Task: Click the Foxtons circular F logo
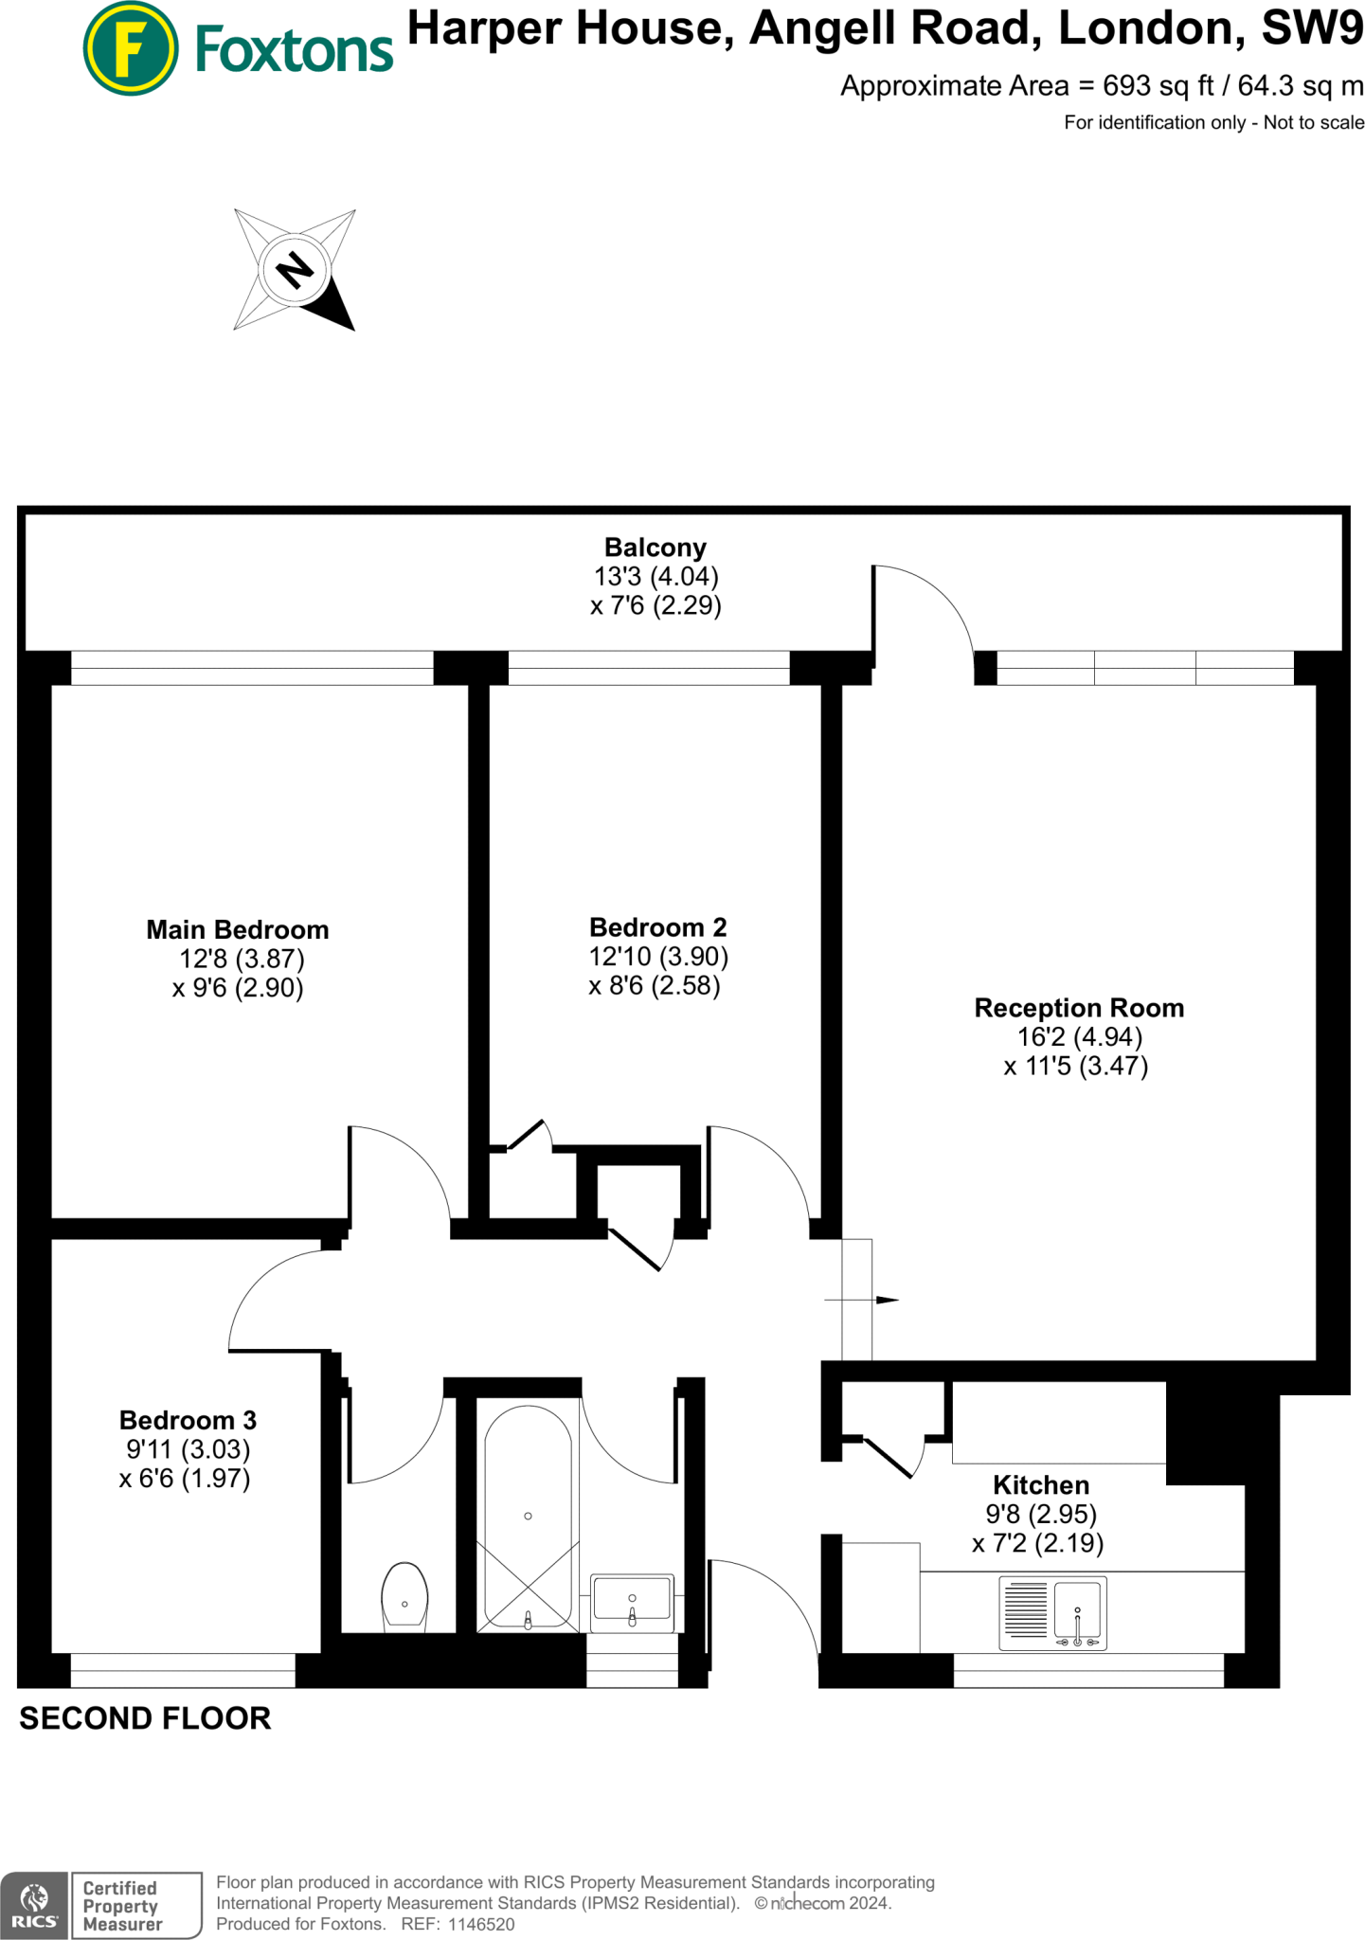[130, 48]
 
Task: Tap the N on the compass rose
[295, 270]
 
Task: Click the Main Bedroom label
[238, 929]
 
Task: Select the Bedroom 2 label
[657, 926]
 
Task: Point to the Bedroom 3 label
[188, 1420]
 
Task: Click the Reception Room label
[1079, 1008]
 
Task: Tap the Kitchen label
[1040, 1484]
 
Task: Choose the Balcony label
[656, 548]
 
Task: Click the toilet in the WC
[404, 1596]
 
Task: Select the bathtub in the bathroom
[528, 1516]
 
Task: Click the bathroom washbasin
[632, 1602]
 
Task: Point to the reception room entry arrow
[885, 1300]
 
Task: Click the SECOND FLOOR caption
[145, 1718]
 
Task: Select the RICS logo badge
[34, 1904]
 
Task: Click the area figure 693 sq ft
[1158, 86]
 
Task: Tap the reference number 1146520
[480, 1924]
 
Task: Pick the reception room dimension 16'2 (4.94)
[1080, 1037]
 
